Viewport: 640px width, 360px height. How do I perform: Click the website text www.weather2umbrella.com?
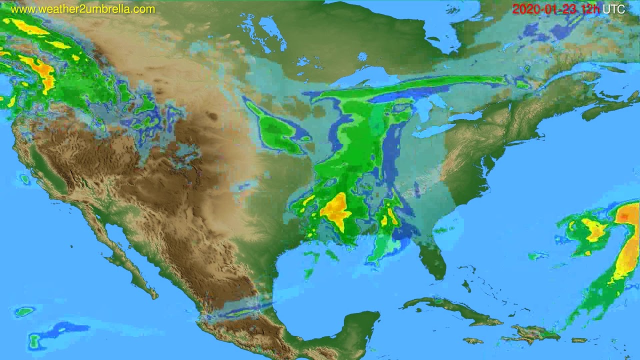pyautogui.click(x=83, y=9)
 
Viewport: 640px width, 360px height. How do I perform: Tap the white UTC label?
pyautogui.click(x=613, y=9)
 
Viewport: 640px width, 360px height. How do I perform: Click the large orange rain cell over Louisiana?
pyautogui.click(x=336, y=210)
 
